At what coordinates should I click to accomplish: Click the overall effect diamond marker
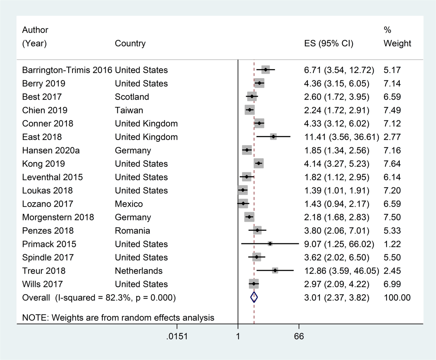tap(254, 297)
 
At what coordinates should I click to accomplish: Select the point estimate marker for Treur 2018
tap(275, 271)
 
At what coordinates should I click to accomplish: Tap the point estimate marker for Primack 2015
tap(270, 244)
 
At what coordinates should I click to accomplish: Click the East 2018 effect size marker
tap(273, 137)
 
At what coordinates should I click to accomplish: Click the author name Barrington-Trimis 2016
tap(67, 70)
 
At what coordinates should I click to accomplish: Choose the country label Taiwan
tap(129, 110)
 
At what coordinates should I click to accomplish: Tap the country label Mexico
tap(129, 204)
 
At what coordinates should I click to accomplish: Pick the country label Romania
tap(132, 231)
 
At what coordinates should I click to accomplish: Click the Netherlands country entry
tap(138, 271)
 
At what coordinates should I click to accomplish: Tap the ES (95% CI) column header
tap(328, 44)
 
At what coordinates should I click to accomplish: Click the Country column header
tap(130, 44)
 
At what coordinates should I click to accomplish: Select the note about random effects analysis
tap(118, 317)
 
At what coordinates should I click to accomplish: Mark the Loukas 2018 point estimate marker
tap(242, 190)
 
